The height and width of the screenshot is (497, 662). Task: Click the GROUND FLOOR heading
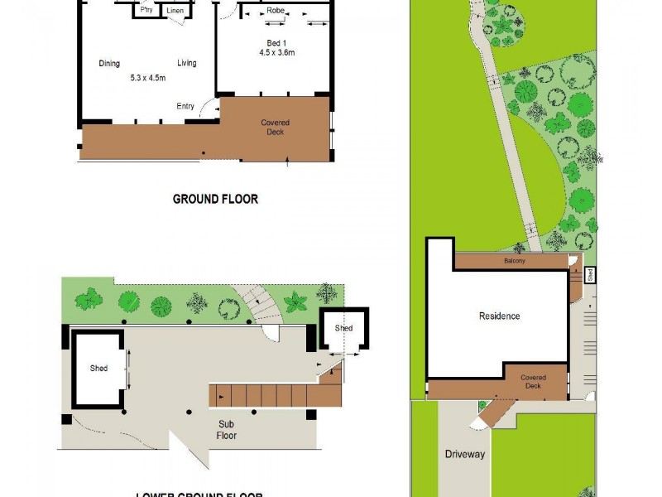pos(215,199)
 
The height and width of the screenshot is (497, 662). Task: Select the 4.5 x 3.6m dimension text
pos(276,52)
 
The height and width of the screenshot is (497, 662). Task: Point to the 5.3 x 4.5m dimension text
pos(148,79)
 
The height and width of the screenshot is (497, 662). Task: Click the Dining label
pos(109,64)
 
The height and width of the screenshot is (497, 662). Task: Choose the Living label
pos(186,64)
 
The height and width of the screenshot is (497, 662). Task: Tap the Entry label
pos(185,106)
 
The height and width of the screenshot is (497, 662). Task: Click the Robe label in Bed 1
pos(276,11)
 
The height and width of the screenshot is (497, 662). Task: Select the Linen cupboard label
pos(175,11)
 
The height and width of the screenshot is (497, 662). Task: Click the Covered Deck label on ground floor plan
pos(276,128)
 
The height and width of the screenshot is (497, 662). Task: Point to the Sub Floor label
pos(227,430)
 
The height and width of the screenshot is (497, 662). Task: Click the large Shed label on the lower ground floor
pos(98,369)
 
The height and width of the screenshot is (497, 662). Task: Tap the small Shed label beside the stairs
pos(343,329)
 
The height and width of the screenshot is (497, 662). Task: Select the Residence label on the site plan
pos(500,316)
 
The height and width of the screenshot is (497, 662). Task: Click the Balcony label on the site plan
pos(515,261)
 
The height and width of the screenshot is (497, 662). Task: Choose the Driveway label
pos(465,454)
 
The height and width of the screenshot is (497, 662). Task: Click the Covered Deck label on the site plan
pos(533,382)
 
